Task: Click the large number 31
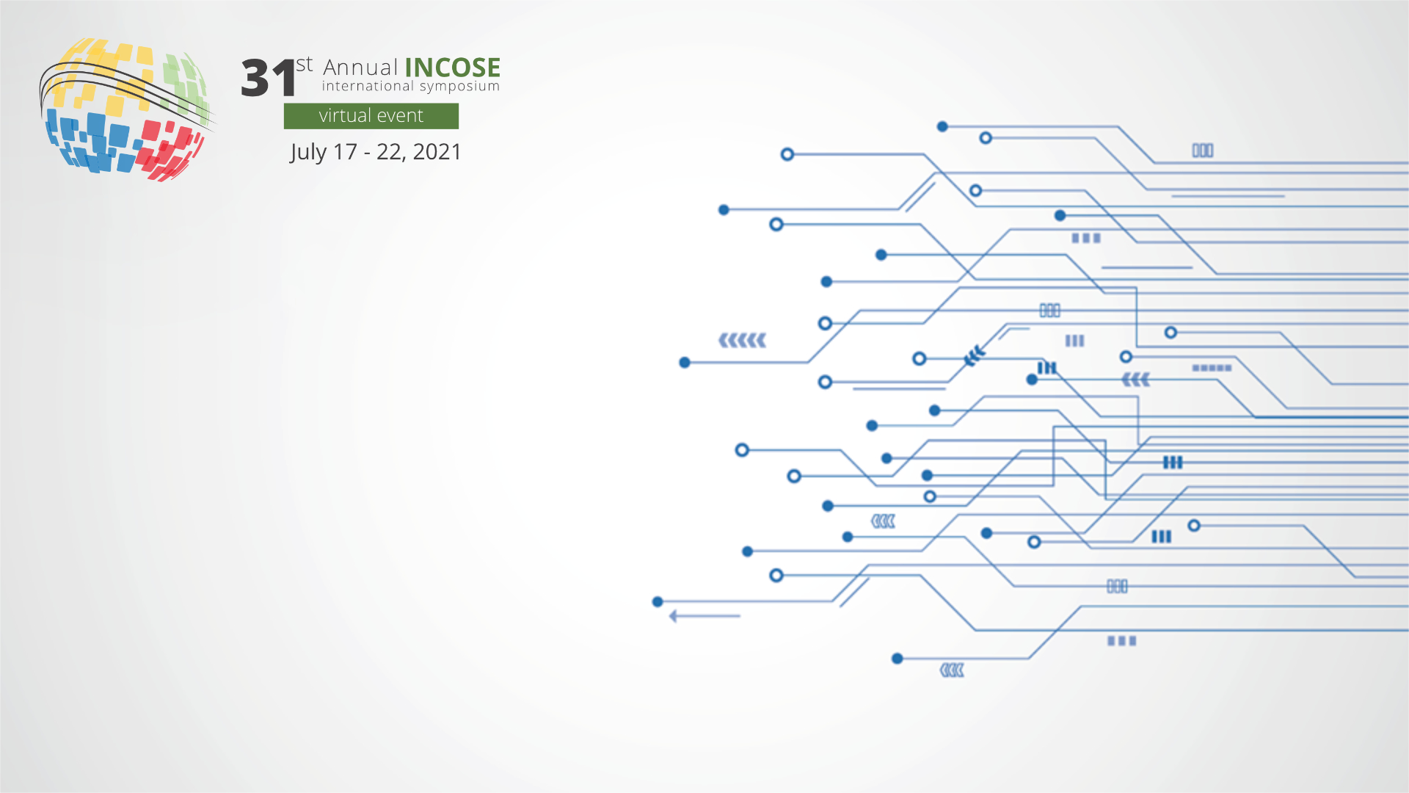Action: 269,79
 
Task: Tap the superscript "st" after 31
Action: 305,65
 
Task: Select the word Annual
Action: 360,68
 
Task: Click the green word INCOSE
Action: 452,68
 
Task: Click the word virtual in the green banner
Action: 344,115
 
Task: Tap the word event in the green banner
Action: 400,116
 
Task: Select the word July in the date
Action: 308,153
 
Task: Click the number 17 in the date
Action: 345,151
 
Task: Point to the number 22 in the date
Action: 390,152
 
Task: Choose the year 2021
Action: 437,151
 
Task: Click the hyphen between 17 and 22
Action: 367,153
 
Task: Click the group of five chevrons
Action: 742,340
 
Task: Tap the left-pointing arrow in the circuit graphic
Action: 704,616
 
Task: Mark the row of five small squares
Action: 1212,368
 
